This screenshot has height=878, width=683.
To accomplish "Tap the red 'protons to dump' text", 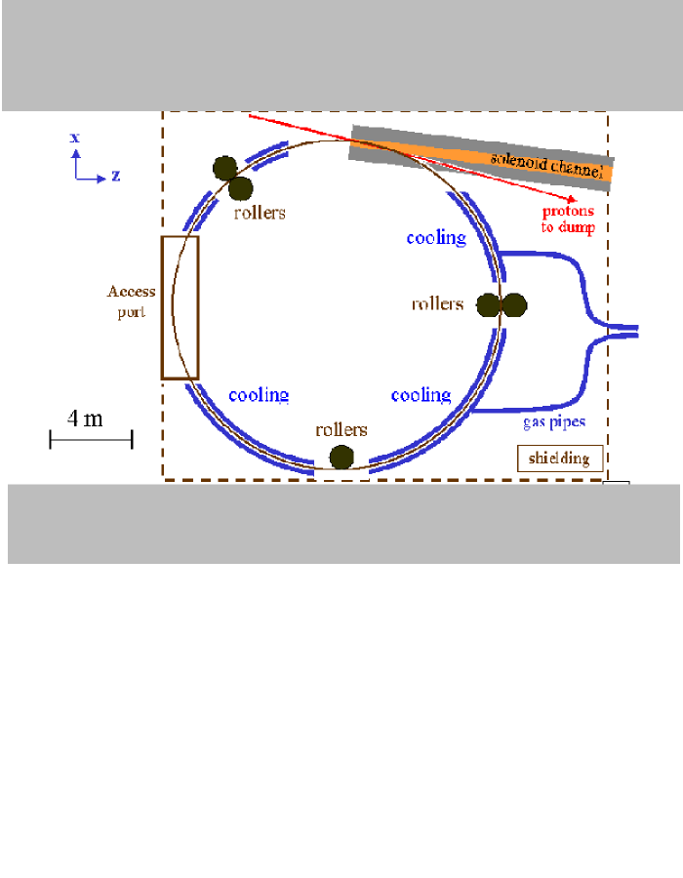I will [x=568, y=219].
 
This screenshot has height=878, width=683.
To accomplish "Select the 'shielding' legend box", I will [x=560, y=459].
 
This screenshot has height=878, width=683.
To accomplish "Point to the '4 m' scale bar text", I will [x=85, y=419].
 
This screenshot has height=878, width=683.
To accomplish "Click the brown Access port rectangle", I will [x=181, y=307].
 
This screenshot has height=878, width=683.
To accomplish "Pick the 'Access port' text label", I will [x=131, y=301].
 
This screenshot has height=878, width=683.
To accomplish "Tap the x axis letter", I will [x=74, y=138].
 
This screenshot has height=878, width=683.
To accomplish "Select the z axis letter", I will [x=115, y=177].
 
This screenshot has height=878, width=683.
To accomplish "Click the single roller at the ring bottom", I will [x=341, y=457].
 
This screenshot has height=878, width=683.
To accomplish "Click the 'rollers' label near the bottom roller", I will [x=341, y=429].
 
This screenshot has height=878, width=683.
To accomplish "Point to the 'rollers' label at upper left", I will [x=260, y=212].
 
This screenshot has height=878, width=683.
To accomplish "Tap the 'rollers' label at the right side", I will [x=437, y=303].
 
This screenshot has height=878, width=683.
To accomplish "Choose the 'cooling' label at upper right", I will [x=436, y=237].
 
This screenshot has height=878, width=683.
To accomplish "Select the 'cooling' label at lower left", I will [x=259, y=395].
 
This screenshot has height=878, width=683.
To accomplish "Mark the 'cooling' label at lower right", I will [x=421, y=395].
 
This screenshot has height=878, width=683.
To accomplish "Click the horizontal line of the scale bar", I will [x=91, y=440].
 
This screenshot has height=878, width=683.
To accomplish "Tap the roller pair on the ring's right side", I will [x=502, y=305].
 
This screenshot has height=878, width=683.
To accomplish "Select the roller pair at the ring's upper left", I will [x=233, y=177].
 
